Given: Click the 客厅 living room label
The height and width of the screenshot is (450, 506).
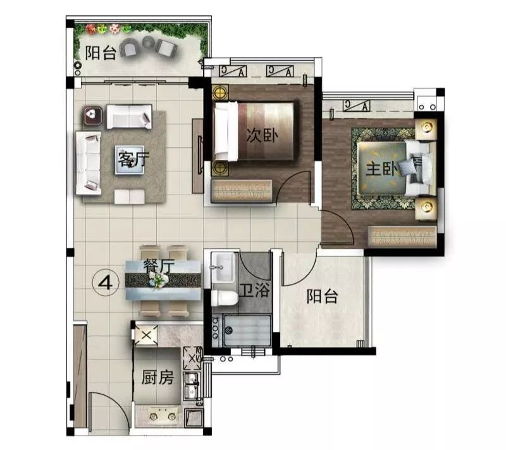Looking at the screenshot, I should (132, 161).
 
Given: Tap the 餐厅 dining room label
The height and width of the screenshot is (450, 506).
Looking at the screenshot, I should (158, 266).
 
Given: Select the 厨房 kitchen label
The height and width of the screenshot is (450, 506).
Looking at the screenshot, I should (157, 378).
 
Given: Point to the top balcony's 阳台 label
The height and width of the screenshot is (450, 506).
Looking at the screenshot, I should (101, 52).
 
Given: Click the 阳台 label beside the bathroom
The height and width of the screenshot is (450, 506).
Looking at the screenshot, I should (322, 296).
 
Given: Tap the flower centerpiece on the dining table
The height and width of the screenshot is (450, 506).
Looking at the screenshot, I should (159, 280).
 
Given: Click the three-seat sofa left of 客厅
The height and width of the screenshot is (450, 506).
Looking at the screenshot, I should (89, 162).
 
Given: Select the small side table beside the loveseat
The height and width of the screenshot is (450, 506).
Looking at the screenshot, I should (93, 115).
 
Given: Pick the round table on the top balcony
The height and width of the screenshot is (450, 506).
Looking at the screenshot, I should (149, 42).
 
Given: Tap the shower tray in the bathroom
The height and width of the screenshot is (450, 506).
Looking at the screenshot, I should (248, 331).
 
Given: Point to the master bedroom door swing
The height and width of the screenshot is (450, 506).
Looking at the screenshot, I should (334, 226).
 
